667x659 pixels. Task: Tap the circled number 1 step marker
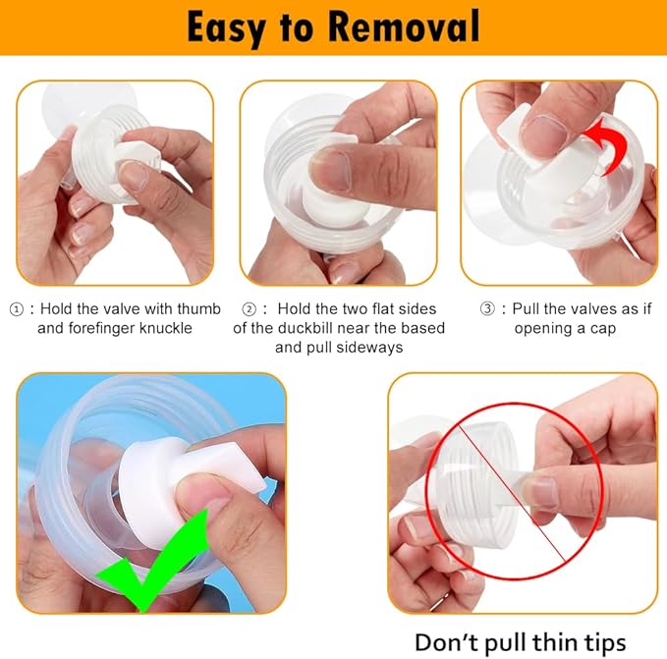click(16, 308)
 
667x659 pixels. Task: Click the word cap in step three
click(599, 327)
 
